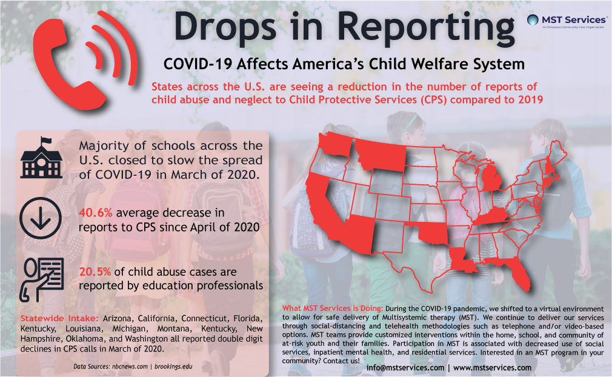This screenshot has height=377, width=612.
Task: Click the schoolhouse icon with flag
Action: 41,158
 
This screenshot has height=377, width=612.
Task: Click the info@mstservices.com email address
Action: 405,367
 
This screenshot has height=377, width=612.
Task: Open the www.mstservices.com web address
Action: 492,367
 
